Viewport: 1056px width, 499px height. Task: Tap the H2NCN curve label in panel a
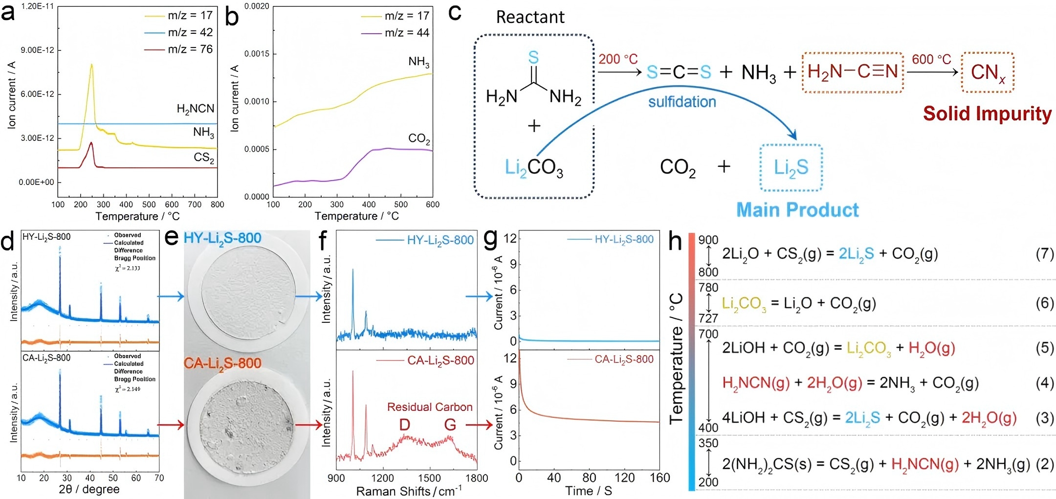[x=196, y=109]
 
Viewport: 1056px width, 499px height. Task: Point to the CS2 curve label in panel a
[x=204, y=158]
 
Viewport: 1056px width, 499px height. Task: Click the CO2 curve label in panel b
[x=419, y=139]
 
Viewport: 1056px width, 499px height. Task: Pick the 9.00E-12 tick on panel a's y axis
[x=38, y=50]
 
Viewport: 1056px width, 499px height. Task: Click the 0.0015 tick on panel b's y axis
[x=257, y=54]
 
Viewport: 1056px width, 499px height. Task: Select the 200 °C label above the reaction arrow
[x=618, y=59]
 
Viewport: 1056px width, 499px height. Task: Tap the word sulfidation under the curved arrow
[x=682, y=102]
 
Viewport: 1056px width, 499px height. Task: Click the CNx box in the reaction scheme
[x=988, y=72]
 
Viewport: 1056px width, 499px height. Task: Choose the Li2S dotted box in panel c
[x=791, y=168]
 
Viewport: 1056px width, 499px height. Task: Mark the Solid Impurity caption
[x=987, y=113]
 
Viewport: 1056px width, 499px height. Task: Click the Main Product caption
[x=797, y=210]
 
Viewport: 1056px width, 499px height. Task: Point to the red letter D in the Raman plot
[x=404, y=425]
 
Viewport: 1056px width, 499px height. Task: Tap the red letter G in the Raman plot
[x=450, y=425]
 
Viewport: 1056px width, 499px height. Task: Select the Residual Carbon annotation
[x=430, y=407]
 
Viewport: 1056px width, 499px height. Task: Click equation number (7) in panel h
[x=1045, y=254]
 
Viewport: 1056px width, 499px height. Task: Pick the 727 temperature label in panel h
[x=708, y=318]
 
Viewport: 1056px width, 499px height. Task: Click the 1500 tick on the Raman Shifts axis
[x=429, y=478]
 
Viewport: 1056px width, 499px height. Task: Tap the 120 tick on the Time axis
[x=624, y=478]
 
